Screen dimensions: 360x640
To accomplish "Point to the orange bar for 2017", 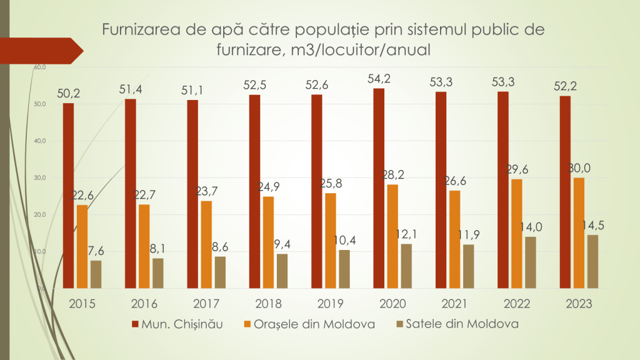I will (x=206, y=244).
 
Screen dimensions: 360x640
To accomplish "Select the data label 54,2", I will (x=386, y=79).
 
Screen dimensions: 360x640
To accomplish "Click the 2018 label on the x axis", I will (x=269, y=304).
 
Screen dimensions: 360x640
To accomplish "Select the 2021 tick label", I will (x=455, y=304).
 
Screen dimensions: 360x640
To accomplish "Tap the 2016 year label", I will (x=144, y=304).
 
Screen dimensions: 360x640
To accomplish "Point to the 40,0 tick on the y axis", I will (x=40, y=141).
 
